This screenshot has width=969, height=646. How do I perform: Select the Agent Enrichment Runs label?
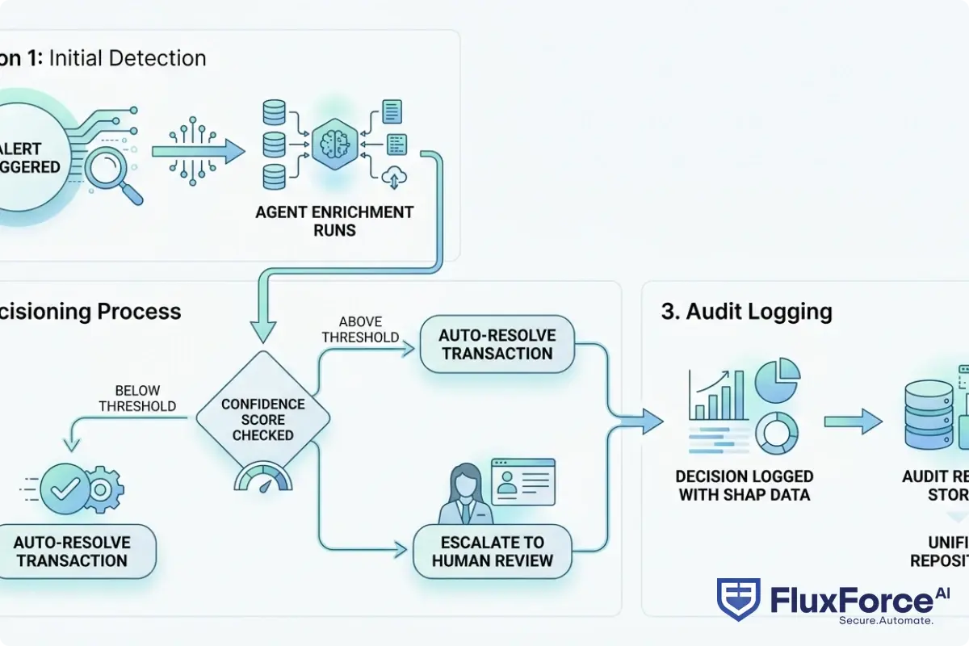point(334,220)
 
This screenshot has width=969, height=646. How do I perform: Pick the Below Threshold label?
point(137,398)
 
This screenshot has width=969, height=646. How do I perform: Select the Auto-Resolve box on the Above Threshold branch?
point(497,344)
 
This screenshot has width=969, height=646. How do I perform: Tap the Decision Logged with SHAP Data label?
point(744,485)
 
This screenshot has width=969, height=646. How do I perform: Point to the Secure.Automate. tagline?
point(886,620)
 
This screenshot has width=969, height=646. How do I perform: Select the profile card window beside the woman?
point(523,481)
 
